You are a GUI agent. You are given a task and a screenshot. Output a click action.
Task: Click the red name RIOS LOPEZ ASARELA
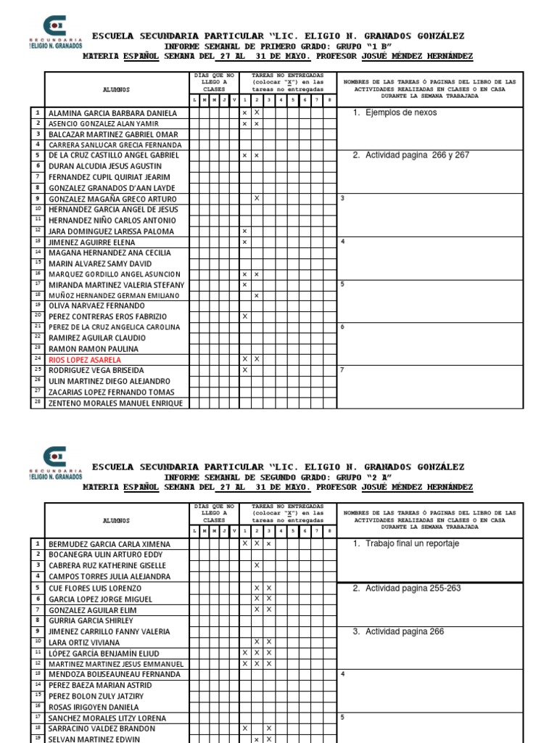click(x=85, y=359)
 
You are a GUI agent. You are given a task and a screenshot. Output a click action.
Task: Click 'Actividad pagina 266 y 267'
click(x=417, y=155)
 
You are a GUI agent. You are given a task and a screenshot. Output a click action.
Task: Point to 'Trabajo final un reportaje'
click(x=412, y=543)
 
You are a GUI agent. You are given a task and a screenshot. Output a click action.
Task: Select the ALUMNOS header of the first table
click(x=116, y=89)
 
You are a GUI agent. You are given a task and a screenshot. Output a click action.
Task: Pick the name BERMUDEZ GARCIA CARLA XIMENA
click(x=110, y=543)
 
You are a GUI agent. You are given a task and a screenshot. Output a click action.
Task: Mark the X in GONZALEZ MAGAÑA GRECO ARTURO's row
click(x=257, y=198)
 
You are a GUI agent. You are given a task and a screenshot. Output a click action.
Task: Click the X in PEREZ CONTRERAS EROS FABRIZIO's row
click(x=245, y=316)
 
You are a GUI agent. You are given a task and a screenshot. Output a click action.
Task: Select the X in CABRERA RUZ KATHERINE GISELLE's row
click(x=257, y=565)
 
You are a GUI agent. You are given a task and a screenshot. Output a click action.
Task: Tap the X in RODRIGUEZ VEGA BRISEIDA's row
click(x=245, y=370)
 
